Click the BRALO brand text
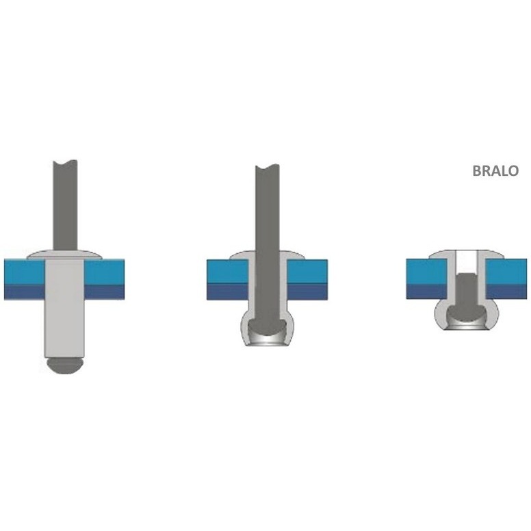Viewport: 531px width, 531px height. [x=495, y=170]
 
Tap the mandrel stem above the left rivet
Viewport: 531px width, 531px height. [x=66, y=205]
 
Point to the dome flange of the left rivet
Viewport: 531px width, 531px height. [x=65, y=255]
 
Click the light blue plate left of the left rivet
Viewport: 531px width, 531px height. [x=25, y=272]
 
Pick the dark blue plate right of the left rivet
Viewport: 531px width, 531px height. [x=104, y=292]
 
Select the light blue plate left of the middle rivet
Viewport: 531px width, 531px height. [x=228, y=272]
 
